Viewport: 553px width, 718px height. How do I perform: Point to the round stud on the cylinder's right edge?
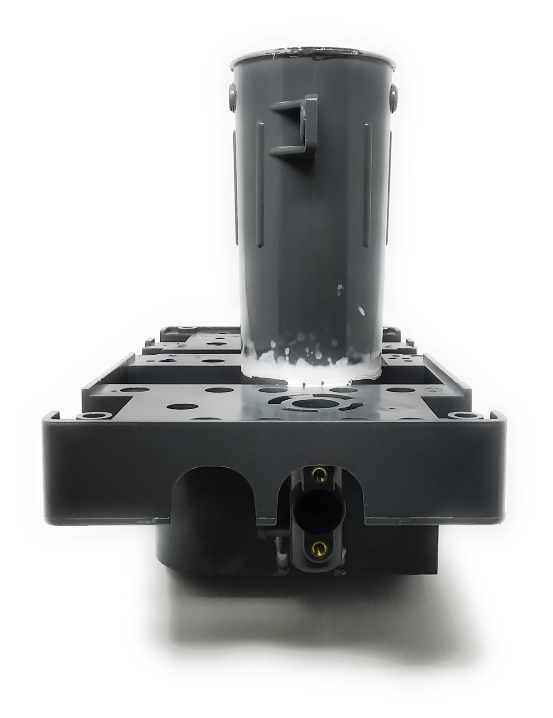coord(391,97)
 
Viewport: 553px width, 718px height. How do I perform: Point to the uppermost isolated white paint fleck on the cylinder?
coord(338,288)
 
